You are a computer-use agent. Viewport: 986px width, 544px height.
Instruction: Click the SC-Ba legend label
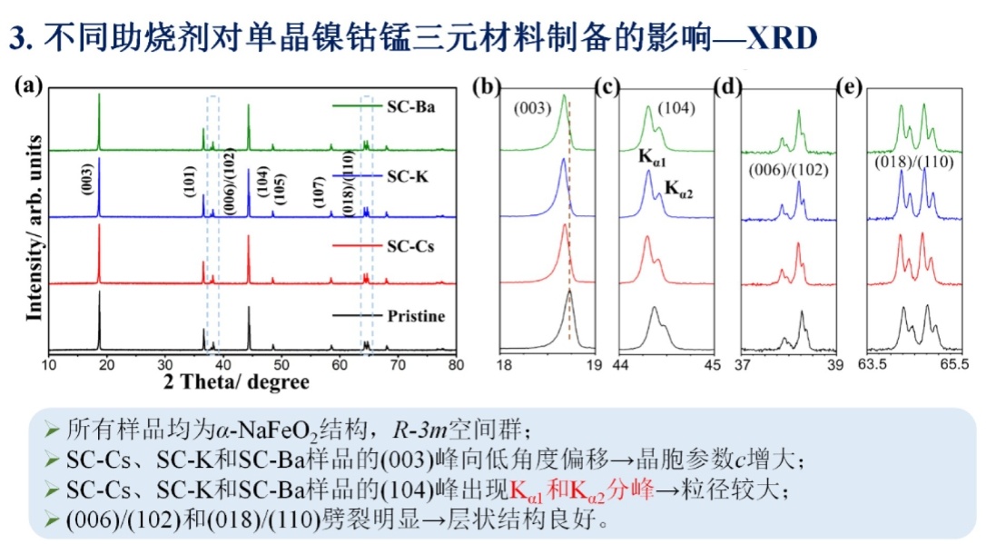(410, 108)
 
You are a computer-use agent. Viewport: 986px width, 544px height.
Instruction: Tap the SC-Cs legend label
(409, 245)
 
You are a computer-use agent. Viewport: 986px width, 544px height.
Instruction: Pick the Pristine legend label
(417, 316)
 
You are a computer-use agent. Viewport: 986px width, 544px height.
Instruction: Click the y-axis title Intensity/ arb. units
(35, 227)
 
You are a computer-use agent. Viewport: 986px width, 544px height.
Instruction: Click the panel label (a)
(28, 86)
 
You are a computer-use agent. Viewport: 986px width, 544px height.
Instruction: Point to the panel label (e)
(851, 87)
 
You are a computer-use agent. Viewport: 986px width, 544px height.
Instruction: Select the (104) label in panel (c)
(676, 108)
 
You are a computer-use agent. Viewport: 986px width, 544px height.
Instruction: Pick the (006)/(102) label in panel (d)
(789, 170)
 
